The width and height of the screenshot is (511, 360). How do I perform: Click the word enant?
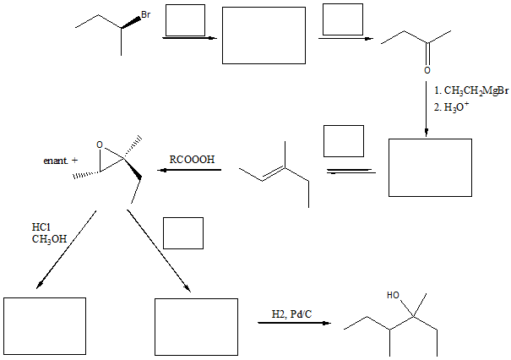[x=55, y=160]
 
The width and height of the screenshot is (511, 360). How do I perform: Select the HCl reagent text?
[x=41, y=226]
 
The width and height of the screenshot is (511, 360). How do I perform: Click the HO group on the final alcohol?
[x=392, y=296]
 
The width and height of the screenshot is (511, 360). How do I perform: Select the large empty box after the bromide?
[x=264, y=35]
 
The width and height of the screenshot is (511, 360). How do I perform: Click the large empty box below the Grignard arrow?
[x=430, y=167]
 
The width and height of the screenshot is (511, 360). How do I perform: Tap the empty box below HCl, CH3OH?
[x=45, y=326]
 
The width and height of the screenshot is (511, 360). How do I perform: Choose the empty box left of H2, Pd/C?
[x=196, y=326]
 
